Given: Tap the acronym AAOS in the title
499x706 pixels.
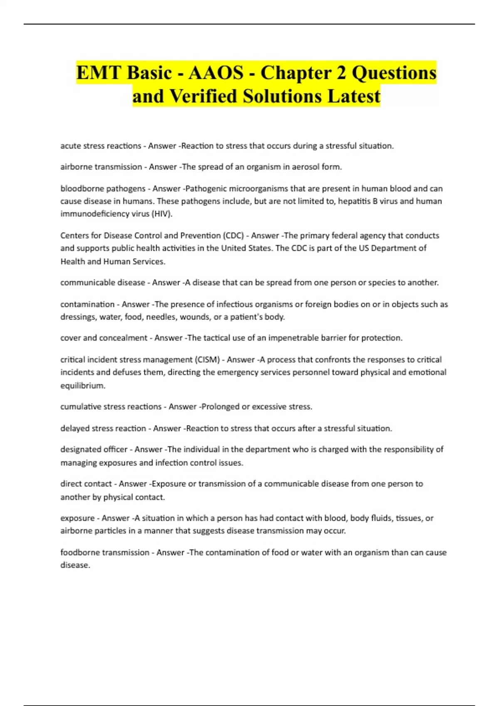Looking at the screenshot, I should click(x=216, y=73).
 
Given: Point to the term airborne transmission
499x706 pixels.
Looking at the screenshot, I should click(x=101, y=167).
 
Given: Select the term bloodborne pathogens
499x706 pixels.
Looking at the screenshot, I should click(x=103, y=189).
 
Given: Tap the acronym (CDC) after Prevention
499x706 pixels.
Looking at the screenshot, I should click(x=233, y=235).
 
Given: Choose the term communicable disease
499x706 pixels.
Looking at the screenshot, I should click(x=103, y=283).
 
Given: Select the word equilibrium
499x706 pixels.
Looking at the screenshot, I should click(x=83, y=386).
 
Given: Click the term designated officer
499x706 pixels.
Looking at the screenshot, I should click(x=94, y=449).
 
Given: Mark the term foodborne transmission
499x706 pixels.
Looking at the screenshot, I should click(x=105, y=553).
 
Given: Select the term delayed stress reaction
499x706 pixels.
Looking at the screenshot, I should click(x=103, y=429).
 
